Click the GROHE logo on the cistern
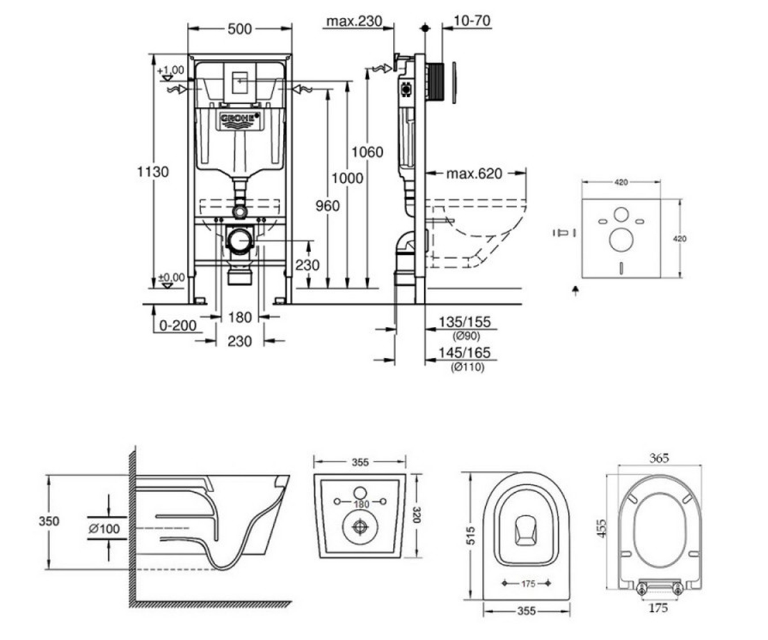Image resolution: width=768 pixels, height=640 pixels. point(240,120)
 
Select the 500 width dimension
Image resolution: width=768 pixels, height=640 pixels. point(239,29)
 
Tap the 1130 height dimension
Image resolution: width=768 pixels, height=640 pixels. point(153,172)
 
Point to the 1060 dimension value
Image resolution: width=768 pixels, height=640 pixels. point(367,152)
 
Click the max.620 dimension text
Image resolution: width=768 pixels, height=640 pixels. point(474,173)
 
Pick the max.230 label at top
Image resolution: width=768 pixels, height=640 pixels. point(354,21)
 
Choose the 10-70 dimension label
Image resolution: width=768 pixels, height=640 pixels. point(472,20)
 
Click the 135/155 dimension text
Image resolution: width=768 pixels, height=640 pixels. point(465,322)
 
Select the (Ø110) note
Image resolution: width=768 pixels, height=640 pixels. point(467,367)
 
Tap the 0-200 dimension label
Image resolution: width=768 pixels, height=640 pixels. point(178,326)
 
